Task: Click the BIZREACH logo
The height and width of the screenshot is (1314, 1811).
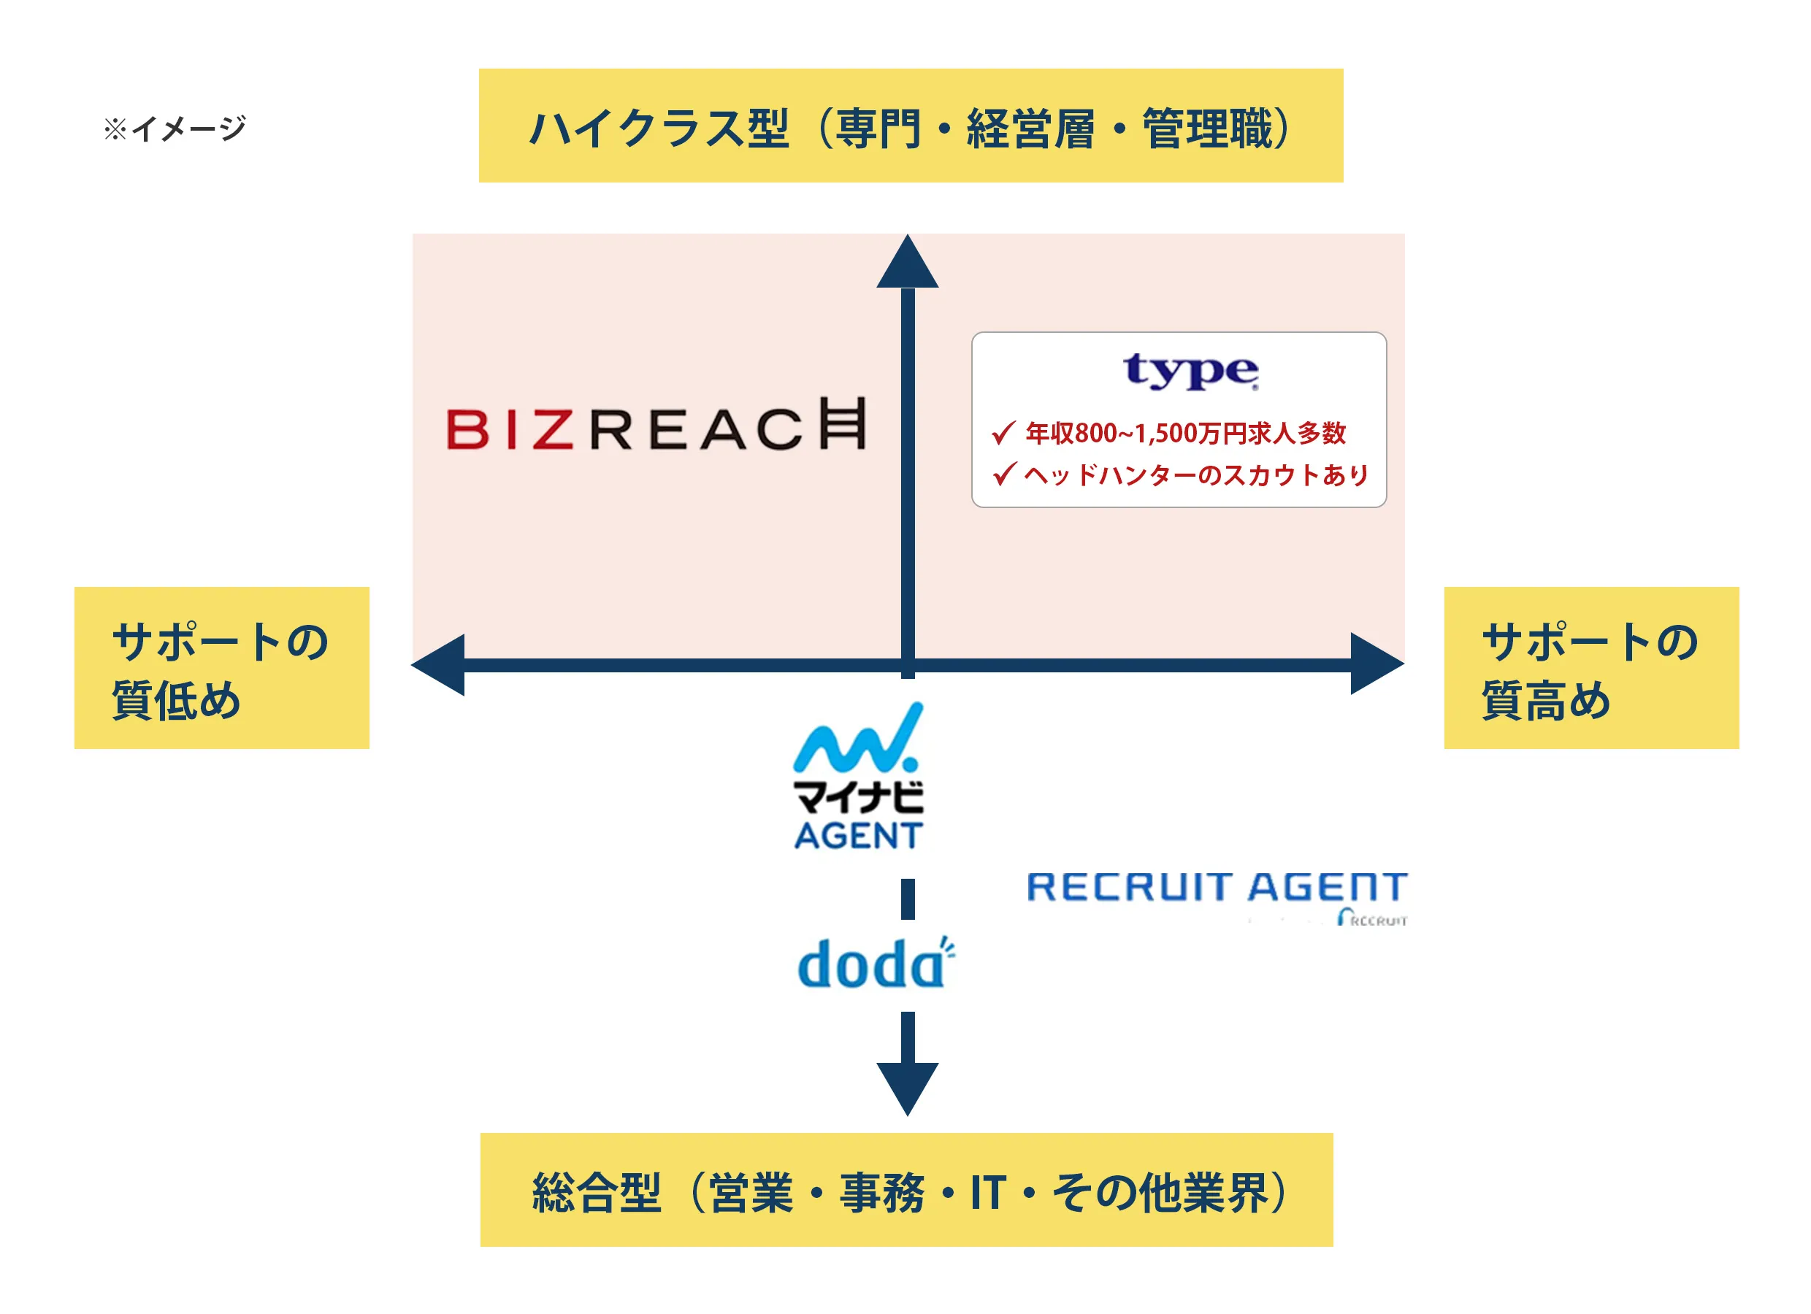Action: pos(655,426)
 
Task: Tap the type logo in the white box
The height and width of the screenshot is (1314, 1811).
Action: pos(1190,372)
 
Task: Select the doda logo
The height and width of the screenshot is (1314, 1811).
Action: pos(874,964)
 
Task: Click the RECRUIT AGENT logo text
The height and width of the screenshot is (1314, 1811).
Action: pos(1215,888)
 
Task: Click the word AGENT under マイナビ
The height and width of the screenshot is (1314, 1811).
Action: pos(858,836)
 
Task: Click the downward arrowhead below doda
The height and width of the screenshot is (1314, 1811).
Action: pos(907,1087)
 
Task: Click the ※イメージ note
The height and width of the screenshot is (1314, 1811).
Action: pos(175,128)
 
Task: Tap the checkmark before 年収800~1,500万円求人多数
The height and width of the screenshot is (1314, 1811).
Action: pos(1003,433)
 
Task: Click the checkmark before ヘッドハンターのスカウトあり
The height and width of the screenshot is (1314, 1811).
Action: pos(1003,474)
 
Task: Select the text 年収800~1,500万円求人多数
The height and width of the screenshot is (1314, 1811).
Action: pos(1185,434)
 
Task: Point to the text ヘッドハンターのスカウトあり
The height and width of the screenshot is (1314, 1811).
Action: pos(1195,475)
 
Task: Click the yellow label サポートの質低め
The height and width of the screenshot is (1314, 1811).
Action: pos(221,668)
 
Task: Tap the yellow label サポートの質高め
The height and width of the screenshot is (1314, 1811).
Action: pos(1590,668)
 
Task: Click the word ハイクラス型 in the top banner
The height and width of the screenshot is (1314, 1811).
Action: pos(659,128)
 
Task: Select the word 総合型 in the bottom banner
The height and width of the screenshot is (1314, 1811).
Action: pos(597,1193)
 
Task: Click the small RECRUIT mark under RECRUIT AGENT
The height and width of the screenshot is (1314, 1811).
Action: pos(1372,920)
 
